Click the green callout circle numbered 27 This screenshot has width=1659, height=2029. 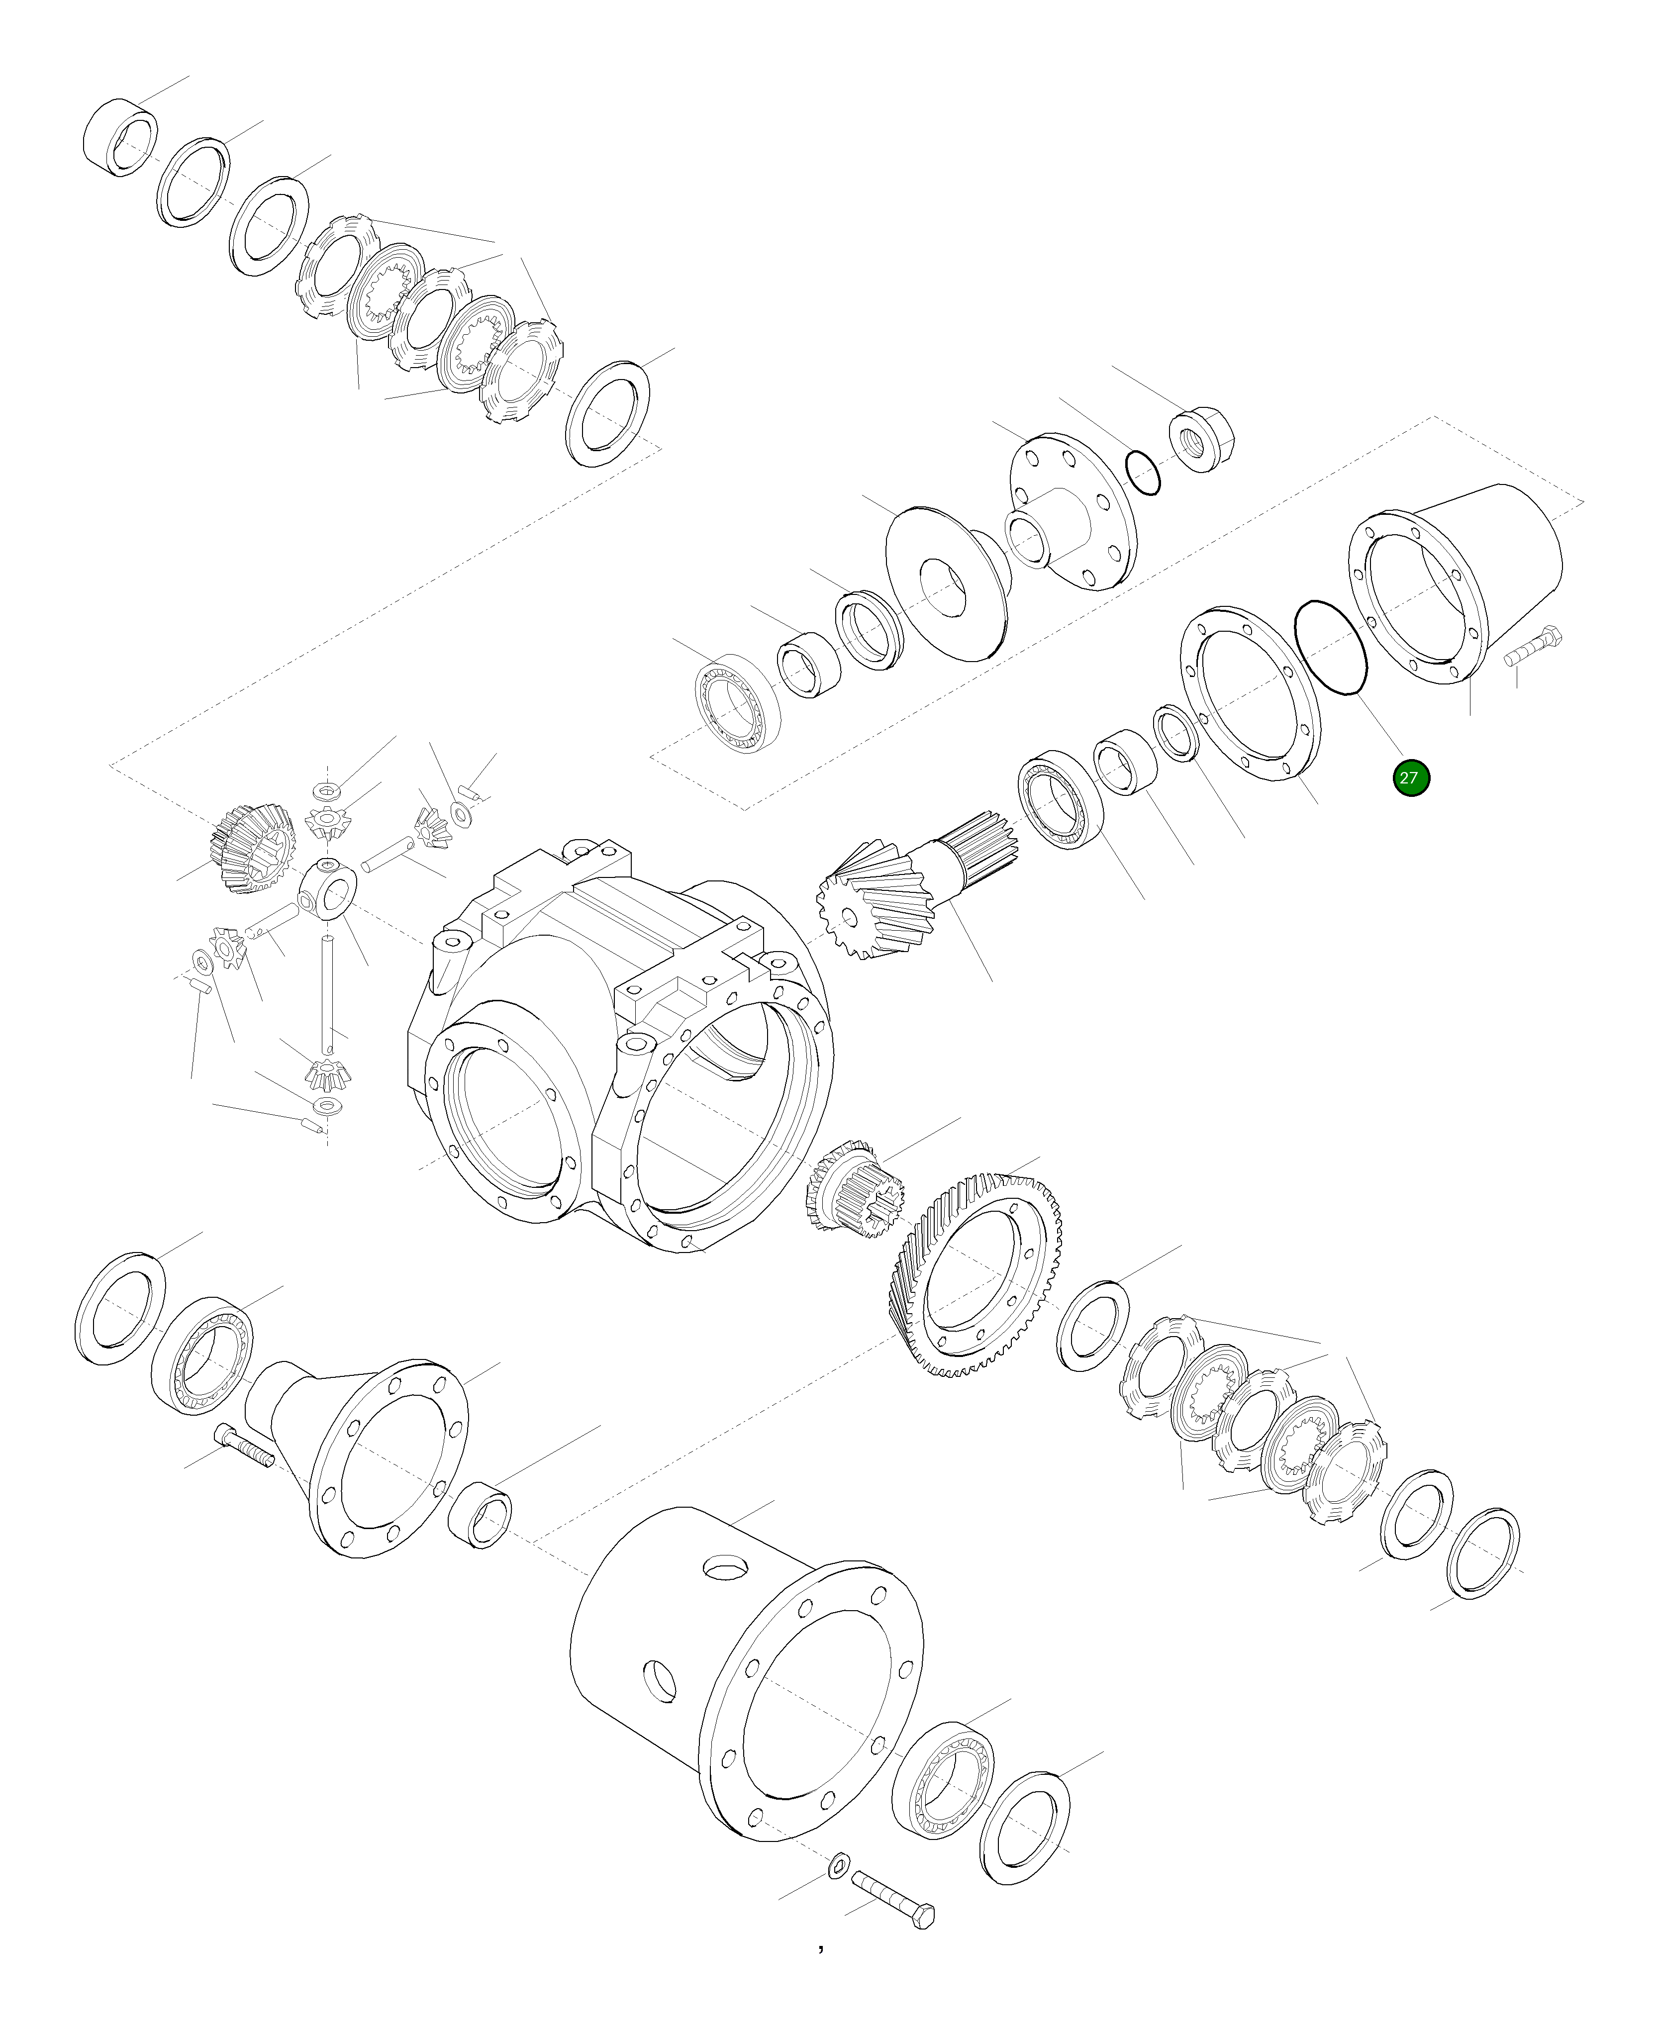pyautogui.click(x=1411, y=778)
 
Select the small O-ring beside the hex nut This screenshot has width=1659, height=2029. pyautogui.click(x=1143, y=472)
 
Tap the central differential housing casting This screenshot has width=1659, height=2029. pyautogui.click(x=611, y=1051)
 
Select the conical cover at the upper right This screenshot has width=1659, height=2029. pyautogui.click(x=1462, y=583)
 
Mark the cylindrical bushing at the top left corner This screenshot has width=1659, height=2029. pyautogui.click(x=120, y=137)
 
